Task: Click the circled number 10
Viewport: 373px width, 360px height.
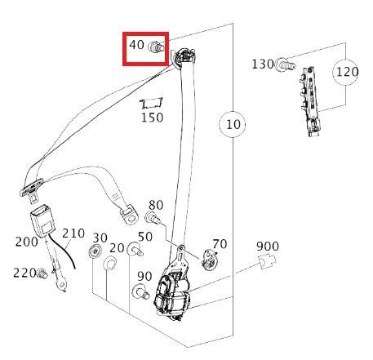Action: [233, 124]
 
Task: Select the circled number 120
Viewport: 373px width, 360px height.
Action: [346, 72]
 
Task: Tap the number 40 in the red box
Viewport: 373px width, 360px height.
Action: [136, 45]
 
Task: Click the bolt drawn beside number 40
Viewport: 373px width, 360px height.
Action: [156, 47]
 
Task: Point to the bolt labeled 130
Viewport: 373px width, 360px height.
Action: [285, 65]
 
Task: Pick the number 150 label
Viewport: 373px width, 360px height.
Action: [153, 118]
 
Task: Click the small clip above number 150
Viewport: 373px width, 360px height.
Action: [151, 103]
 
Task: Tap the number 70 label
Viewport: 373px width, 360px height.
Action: [220, 244]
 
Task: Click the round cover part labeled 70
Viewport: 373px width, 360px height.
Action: [210, 260]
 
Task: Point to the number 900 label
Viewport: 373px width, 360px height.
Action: [268, 247]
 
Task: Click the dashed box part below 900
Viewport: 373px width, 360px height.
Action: [267, 261]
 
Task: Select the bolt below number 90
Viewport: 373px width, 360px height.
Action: [140, 291]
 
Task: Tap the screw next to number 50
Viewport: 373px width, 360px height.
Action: [135, 250]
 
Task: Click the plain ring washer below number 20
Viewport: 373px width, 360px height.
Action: [110, 263]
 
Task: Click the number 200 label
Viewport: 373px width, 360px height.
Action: [26, 242]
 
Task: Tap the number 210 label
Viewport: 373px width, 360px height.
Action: [73, 233]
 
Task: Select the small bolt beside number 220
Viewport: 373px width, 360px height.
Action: [42, 273]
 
